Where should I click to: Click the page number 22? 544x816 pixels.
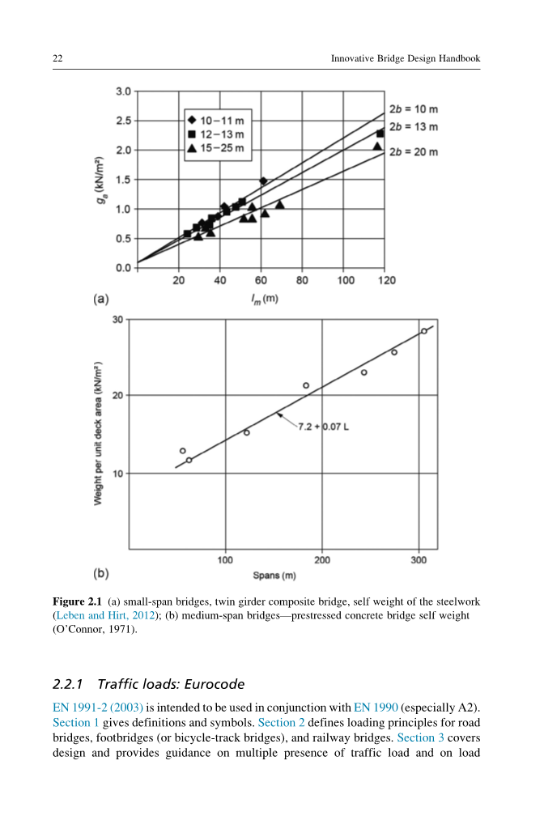click(57, 58)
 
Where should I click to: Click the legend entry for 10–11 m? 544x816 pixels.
click(215, 120)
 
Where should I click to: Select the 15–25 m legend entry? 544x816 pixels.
click(215, 149)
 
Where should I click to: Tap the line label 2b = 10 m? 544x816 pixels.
click(414, 108)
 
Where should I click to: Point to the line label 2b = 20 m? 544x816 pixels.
click(414, 151)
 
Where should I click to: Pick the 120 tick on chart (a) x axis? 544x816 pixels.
click(387, 280)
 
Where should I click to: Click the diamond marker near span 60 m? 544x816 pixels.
click(263, 181)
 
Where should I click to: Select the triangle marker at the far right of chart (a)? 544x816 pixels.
click(377, 147)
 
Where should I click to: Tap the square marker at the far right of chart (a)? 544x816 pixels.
click(380, 134)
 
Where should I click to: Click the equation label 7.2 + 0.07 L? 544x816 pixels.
click(323, 427)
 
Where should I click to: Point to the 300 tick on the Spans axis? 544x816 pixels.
click(419, 560)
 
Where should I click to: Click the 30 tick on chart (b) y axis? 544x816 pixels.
click(117, 320)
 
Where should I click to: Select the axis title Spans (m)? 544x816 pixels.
click(274, 576)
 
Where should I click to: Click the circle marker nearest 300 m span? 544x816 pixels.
click(423, 331)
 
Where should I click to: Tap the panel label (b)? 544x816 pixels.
click(100, 574)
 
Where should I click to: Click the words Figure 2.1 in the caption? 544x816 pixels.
click(77, 602)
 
